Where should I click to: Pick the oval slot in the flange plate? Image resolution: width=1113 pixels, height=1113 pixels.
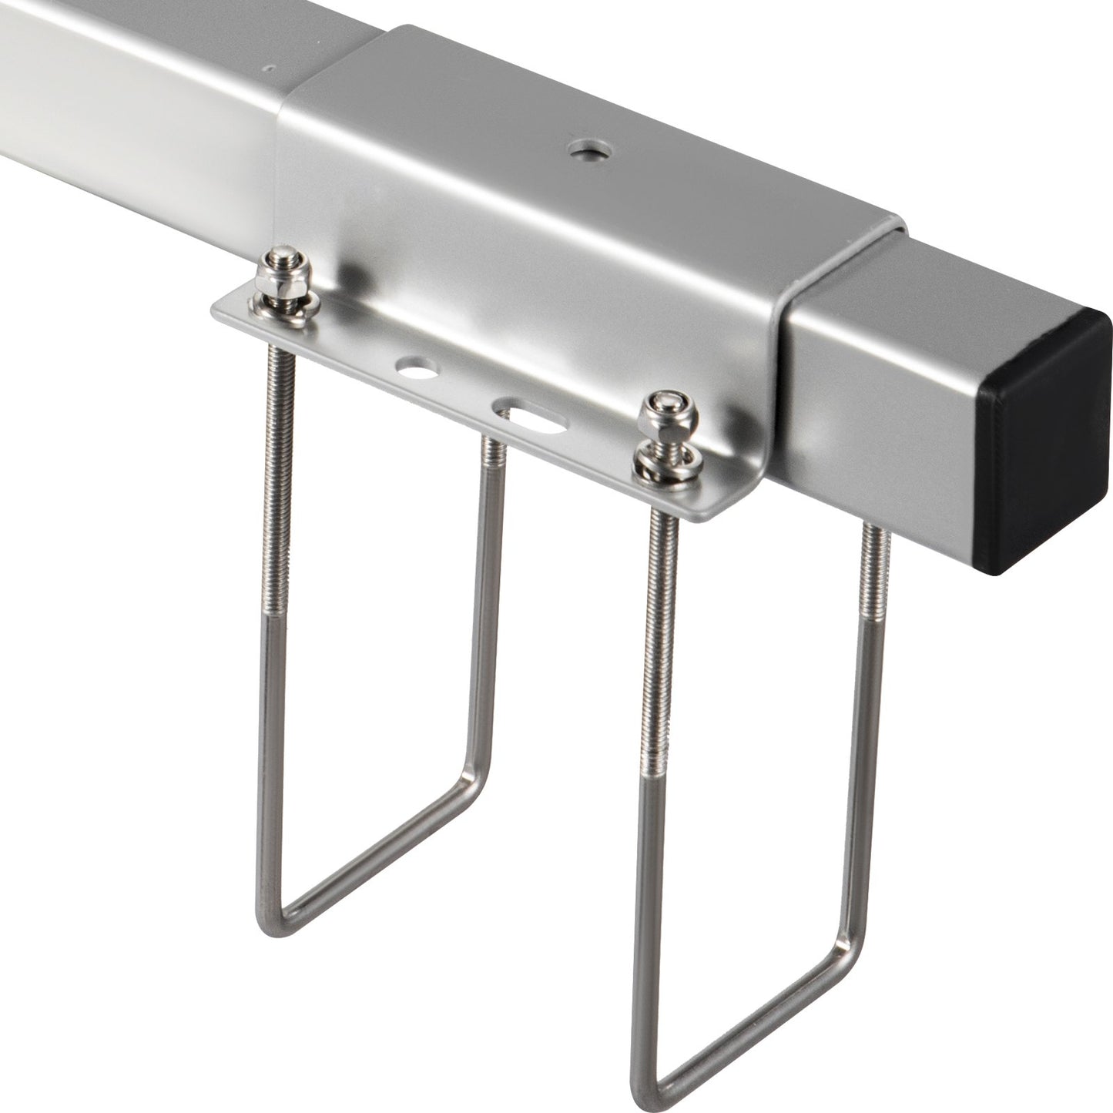pos(531,415)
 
